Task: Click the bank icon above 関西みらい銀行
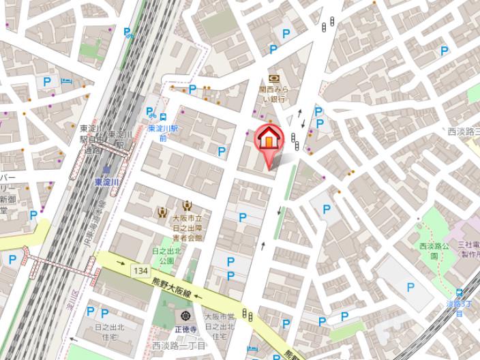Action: click(x=274, y=79)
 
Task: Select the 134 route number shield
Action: click(x=140, y=271)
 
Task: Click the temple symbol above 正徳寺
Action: click(x=186, y=316)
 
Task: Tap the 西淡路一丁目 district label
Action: click(x=179, y=344)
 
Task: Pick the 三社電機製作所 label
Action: click(x=468, y=249)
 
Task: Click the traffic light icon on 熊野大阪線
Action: click(x=250, y=316)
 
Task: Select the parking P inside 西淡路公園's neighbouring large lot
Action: click(x=410, y=287)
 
